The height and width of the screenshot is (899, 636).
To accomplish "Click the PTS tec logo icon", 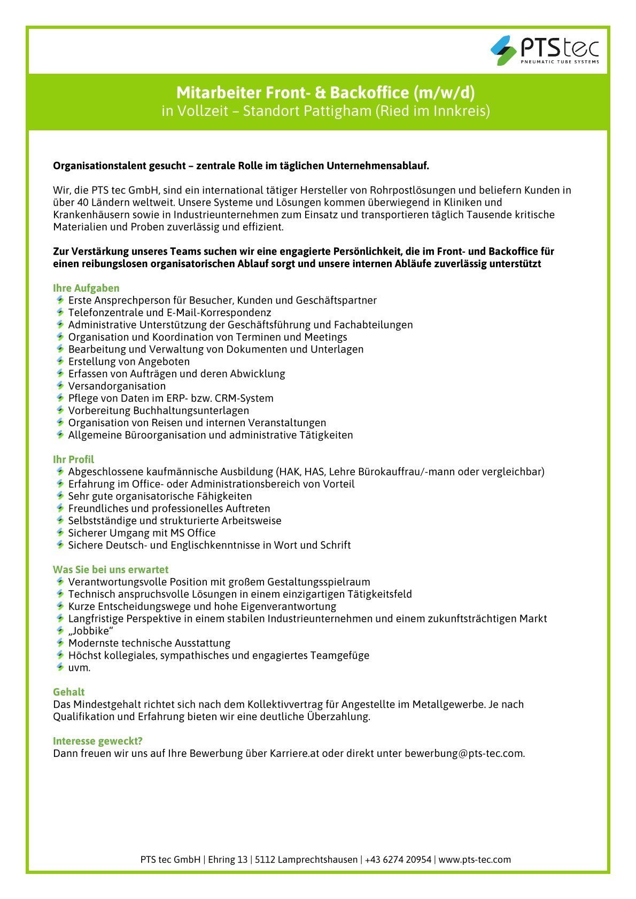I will pos(503,50).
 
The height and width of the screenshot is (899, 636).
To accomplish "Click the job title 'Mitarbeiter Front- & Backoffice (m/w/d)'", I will pos(325,93).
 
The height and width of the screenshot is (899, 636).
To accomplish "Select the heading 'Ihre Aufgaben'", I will pos(86,288).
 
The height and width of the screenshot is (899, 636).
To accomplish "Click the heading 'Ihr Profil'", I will pos(73,459).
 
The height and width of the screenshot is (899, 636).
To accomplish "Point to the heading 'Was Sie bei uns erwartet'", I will pos(111,569).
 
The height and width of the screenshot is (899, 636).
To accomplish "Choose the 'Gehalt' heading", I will pos(68,692).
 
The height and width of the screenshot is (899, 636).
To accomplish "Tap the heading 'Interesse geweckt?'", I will pos(98,741).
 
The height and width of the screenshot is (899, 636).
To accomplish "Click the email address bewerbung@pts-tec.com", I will pos(464,754).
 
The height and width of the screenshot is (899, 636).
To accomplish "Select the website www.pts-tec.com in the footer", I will pos(475,859).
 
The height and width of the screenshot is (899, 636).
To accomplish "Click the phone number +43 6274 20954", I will pos(398,859).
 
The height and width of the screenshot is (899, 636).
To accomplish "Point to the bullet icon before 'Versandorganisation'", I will pos(60,386).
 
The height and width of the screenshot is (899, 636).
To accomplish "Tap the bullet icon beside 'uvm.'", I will pos(60,667).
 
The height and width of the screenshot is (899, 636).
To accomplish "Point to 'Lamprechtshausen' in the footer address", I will pos(306,859).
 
